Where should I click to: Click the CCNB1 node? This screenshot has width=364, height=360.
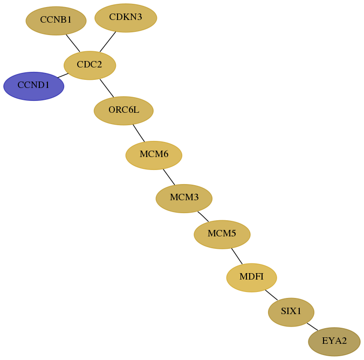click(56, 21)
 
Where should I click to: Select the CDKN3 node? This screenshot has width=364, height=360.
click(126, 18)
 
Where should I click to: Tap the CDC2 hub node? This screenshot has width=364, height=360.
click(90, 65)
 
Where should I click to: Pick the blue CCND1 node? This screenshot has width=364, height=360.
click(33, 86)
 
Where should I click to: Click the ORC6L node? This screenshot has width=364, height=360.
click(123, 111)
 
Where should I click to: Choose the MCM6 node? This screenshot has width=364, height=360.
click(154, 155)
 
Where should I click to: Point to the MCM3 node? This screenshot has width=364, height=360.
click(184, 199)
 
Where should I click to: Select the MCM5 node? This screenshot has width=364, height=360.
click(222, 234)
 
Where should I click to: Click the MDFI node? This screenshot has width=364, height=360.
click(251, 277)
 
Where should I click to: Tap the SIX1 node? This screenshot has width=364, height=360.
click(291, 312)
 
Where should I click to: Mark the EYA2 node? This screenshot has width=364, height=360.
click(334, 342)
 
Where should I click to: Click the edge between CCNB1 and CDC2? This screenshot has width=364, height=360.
click(73, 43)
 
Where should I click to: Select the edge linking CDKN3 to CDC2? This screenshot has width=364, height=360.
click(108, 42)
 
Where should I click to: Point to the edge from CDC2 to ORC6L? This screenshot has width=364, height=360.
click(107, 88)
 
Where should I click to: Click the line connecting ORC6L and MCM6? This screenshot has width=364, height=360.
click(139, 133)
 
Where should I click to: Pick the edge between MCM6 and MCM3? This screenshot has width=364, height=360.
click(169, 177)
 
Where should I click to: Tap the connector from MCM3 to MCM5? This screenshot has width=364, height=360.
click(203, 216)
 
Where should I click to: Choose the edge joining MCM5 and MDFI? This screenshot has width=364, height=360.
click(237, 256)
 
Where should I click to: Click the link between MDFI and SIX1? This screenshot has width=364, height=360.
click(271, 295)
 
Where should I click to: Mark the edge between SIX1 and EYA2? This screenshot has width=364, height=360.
click(312, 327)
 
